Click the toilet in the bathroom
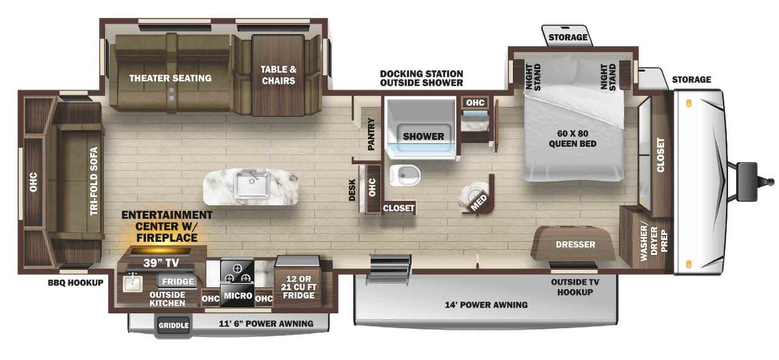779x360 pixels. pyautogui.click(x=405, y=176)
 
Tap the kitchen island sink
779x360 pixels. pyautogui.click(x=252, y=184)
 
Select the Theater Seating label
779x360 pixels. pyautogui.click(x=170, y=78)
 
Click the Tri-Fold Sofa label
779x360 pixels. pyautogui.click(x=94, y=181)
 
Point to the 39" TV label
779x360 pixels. pyautogui.click(x=157, y=262)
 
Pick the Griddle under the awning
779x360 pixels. pyautogui.click(x=173, y=325)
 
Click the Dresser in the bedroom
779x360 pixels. pyautogui.click(x=575, y=244)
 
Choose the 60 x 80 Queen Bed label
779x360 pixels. pyautogui.click(x=572, y=139)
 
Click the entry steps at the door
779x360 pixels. pyautogui.click(x=389, y=267)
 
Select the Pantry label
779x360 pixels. pyautogui.click(x=371, y=134)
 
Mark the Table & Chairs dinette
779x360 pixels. pyautogui.click(x=278, y=75)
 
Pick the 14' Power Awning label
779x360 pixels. pyautogui.click(x=486, y=305)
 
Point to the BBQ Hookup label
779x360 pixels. pyautogui.click(x=75, y=282)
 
